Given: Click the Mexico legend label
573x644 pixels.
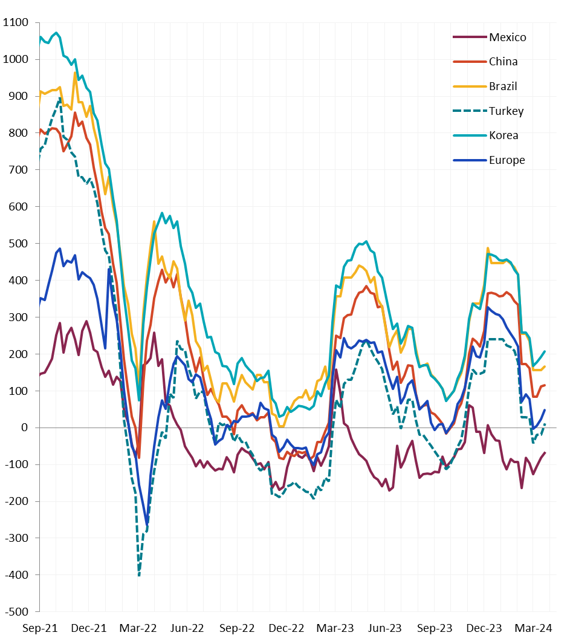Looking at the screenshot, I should [508, 37].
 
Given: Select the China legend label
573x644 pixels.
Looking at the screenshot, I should [503, 62].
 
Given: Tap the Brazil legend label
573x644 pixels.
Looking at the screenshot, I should [503, 86].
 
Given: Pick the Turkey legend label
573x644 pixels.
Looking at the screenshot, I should [507, 111].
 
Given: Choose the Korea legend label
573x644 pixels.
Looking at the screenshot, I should [504, 135].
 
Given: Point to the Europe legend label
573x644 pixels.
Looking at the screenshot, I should [507, 160].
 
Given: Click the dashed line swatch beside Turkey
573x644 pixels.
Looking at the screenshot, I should [470, 111].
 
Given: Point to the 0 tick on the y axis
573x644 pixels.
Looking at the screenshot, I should [25, 428].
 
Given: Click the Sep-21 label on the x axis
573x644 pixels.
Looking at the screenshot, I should [40, 628].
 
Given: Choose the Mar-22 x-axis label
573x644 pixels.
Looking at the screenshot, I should [138, 628].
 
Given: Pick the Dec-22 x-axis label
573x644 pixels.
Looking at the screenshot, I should [286, 628].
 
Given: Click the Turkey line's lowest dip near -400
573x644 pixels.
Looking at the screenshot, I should [139, 574].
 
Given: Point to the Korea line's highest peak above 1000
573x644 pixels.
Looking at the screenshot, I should [56, 33].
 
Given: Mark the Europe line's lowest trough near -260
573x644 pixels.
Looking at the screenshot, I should [147, 523].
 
